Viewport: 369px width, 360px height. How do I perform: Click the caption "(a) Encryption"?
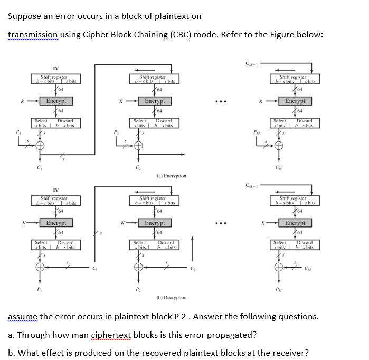click(x=171, y=176)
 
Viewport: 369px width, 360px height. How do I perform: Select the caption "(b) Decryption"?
click(x=171, y=298)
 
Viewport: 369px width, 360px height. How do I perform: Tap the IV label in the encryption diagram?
click(x=55, y=68)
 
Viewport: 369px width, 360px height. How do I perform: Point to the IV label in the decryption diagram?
click(x=55, y=191)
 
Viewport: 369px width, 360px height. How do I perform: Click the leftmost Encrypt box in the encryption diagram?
click(x=56, y=101)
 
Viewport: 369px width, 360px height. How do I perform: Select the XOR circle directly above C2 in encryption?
click(x=139, y=146)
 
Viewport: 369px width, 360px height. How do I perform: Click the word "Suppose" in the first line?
click(x=25, y=16)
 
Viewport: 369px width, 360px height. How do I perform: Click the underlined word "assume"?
click(x=23, y=317)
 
